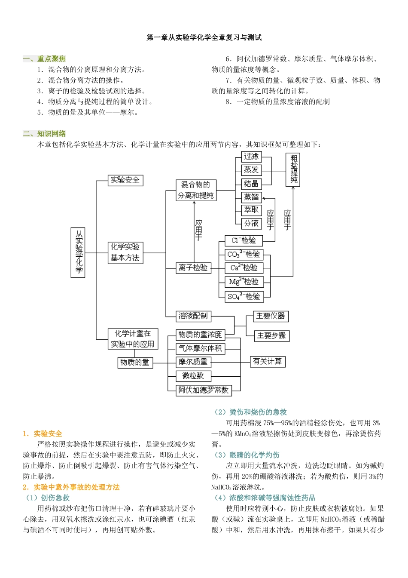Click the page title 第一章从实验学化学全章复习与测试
[204, 38]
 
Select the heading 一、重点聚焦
[44, 59]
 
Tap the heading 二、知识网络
[44, 134]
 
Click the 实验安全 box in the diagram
[125, 180]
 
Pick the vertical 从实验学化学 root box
[78, 252]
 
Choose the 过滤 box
[251, 157]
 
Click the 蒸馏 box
[251, 197]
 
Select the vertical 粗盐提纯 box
[293, 170]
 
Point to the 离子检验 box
[193, 267]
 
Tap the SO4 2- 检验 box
[244, 296]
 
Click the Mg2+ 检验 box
[244, 282]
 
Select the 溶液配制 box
[193, 316]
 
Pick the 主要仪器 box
[270, 316]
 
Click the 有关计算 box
[268, 362]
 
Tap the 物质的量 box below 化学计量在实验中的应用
[134, 363]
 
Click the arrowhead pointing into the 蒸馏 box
[264, 198]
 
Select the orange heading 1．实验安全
[43, 433]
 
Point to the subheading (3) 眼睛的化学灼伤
[247, 455]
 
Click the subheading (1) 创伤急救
[48, 498]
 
